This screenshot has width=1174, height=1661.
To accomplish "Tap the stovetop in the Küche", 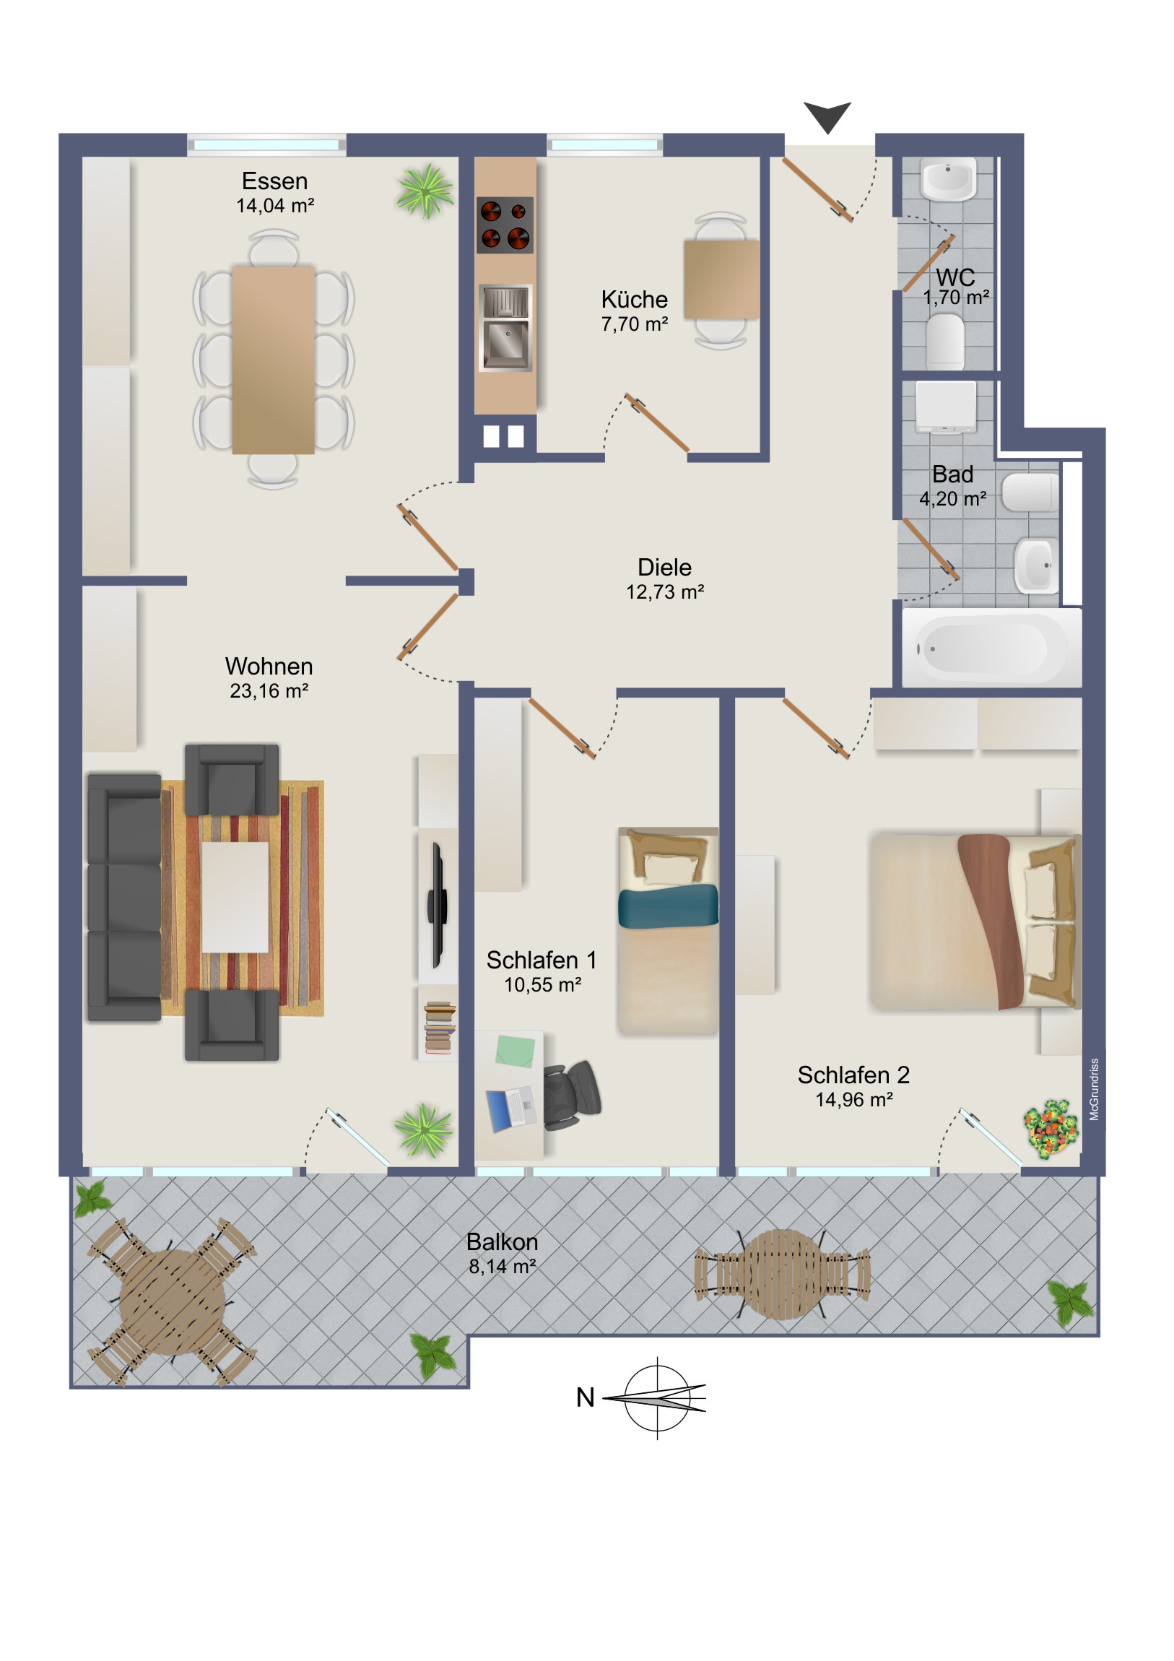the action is pos(505,225).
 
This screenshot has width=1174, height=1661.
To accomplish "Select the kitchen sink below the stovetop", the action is pos(505,328).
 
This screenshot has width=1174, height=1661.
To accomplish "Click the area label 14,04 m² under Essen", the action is pos(275,206).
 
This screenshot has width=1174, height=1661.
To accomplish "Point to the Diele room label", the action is pos(664,567).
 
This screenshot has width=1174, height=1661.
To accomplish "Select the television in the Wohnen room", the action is pos(438,905).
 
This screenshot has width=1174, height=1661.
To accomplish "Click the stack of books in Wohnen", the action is pos(440,1027).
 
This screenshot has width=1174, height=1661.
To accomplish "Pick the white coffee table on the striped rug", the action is pos(235,897).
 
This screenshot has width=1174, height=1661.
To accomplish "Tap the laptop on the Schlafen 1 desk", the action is pos(511,1109).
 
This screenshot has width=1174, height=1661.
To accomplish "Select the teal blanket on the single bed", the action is pos(668,905).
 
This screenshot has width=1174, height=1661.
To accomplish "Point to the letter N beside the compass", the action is pos(585,1397).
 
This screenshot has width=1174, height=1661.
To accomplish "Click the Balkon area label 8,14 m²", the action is pos(502,1267).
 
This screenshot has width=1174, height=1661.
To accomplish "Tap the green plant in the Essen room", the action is pos(426,190).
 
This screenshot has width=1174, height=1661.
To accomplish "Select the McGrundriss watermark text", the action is pos(1094,1090).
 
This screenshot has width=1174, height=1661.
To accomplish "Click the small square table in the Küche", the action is pos(721,279).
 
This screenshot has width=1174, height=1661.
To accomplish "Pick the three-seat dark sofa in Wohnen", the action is pos(124,897).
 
